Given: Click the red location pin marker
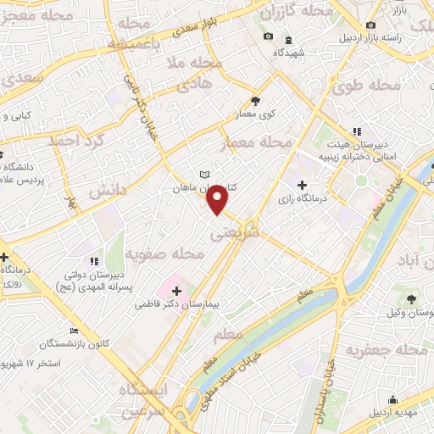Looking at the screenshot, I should click(x=219, y=198).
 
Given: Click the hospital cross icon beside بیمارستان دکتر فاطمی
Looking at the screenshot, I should click(x=176, y=291).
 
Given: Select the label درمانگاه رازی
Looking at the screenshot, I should click(x=304, y=201).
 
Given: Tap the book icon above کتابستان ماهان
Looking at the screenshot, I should click(x=203, y=175).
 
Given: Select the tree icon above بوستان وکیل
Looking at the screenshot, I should click(x=411, y=299).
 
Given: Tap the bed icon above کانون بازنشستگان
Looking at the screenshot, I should click(x=75, y=331).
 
